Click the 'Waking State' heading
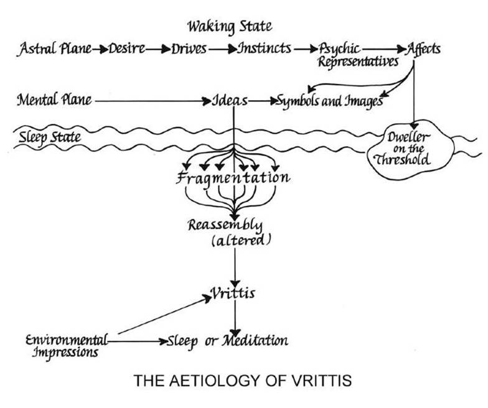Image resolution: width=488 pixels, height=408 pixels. coord(230,27)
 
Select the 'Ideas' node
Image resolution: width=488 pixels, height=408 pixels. coord(231,100)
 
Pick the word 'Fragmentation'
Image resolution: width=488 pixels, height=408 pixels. coord(233,178)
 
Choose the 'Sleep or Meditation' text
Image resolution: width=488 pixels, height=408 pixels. coord(227,341)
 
